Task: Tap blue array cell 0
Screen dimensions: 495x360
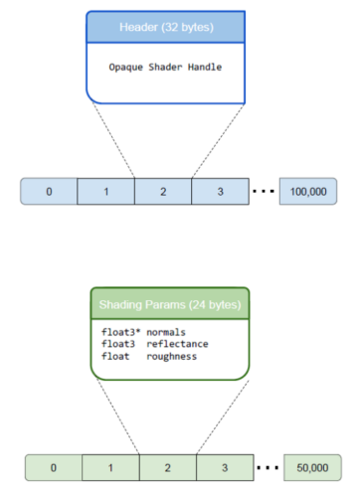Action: point(49,191)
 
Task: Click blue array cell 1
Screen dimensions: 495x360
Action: point(105,191)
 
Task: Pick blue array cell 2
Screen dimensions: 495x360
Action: point(163,191)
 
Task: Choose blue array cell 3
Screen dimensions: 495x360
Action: point(220,191)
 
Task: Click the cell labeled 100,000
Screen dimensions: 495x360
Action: point(307,191)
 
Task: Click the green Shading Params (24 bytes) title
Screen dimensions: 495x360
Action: point(168,304)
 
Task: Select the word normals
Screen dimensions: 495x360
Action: point(167,331)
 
